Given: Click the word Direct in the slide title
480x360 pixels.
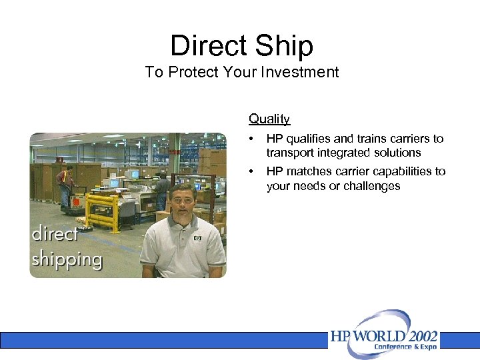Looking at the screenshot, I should [x=207, y=46].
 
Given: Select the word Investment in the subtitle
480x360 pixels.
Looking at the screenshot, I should [x=304, y=72].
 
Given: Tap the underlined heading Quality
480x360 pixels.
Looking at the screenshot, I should [x=269, y=119].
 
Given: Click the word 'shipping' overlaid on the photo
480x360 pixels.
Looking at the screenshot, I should [x=67, y=259].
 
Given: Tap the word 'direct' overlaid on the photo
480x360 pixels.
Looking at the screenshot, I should [x=55, y=235].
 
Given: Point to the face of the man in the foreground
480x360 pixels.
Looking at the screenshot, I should [x=181, y=202].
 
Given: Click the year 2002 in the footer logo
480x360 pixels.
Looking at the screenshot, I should [x=417, y=335].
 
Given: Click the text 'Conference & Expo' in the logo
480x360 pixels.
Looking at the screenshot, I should [x=405, y=347].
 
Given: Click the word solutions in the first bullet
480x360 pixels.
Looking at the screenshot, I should [x=397, y=153].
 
